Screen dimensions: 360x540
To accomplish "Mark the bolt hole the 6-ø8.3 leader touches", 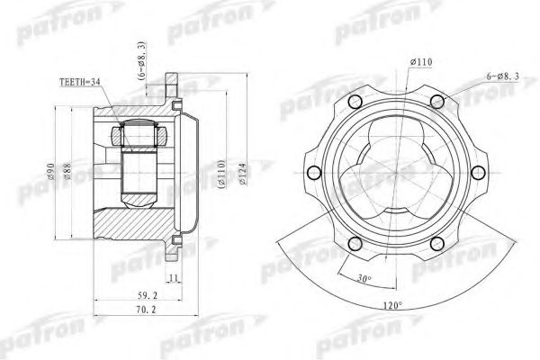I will (438, 101).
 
